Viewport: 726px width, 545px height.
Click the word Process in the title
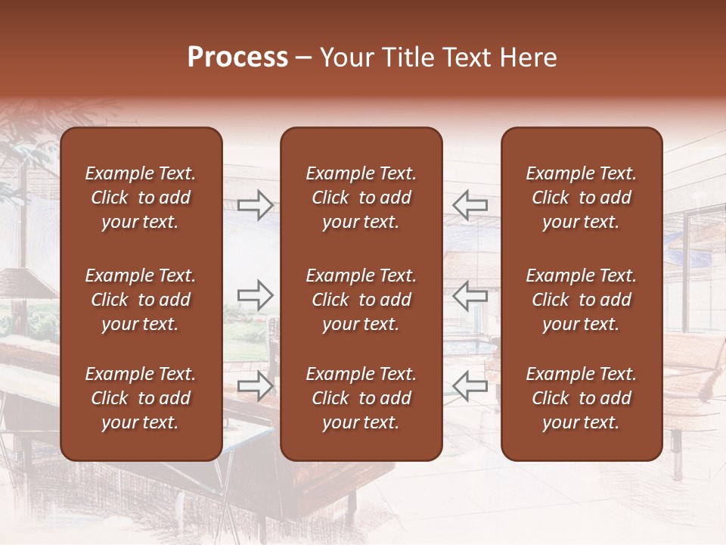[x=237, y=58]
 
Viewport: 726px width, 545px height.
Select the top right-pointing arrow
[x=256, y=204]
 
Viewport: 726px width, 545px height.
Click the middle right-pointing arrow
[x=256, y=295]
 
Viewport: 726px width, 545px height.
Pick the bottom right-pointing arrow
[x=256, y=385]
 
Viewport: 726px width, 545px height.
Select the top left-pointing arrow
[x=470, y=204]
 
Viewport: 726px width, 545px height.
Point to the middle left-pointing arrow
[x=470, y=295]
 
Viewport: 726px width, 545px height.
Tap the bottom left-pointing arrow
[x=470, y=385]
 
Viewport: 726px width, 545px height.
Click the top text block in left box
[x=141, y=198]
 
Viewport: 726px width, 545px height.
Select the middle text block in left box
[x=141, y=300]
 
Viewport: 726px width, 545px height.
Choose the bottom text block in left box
[x=141, y=398]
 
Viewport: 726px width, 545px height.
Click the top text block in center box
[x=361, y=198]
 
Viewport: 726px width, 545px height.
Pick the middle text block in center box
[x=361, y=300]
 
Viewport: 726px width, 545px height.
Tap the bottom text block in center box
[x=361, y=398]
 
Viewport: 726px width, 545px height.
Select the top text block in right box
[x=582, y=198]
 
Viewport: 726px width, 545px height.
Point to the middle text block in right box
[x=582, y=300]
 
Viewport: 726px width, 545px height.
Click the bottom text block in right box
[x=582, y=398]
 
